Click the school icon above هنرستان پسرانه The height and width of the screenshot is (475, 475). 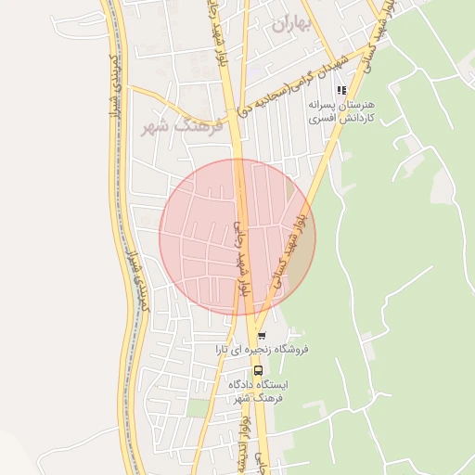[x=341, y=90]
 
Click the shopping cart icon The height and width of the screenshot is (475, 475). [x=262, y=335]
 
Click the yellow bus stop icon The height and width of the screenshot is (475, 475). [x=258, y=369]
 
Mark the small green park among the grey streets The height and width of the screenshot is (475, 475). [x=198, y=407]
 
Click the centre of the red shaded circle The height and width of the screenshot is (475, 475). [x=237, y=237]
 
